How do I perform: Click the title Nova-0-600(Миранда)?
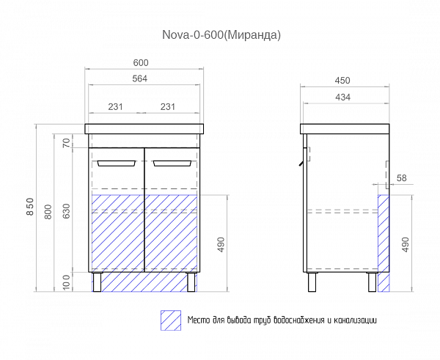pyautogui.click(x=221, y=34)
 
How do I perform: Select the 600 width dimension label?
pyautogui.click(x=141, y=63)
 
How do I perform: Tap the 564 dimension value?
pyautogui.click(x=140, y=79)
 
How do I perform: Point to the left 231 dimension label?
pyautogui.click(x=115, y=107)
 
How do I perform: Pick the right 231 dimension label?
pyautogui.click(x=167, y=107)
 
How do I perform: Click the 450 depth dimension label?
pyautogui.click(x=342, y=81)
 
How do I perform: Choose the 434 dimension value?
pyautogui.click(x=342, y=98)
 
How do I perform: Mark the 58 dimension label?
pyautogui.click(x=402, y=178)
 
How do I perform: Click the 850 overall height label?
pyautogui.click(x=30, y=207)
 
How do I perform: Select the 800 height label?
pyautogui.click(x=48, y=212)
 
